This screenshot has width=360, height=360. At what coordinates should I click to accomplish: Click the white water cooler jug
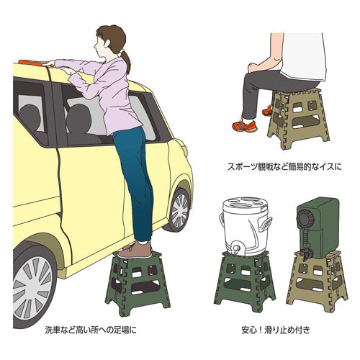(x=246, y=222)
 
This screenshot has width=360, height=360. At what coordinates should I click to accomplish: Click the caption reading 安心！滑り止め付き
(x=277, y=332)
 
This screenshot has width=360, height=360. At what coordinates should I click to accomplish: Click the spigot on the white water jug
(x=234, y=249)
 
